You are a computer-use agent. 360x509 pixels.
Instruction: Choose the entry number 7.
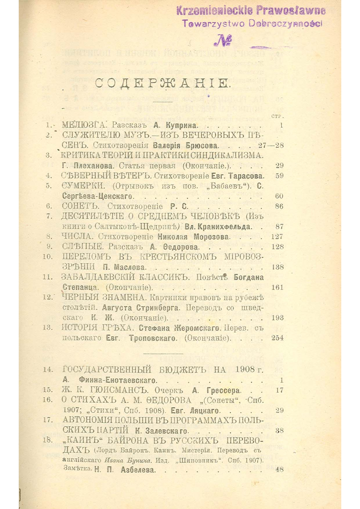pyautogui.click(x=49, y=216)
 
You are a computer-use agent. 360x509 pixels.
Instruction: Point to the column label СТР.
pyautogui.click(x=277, y=116)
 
